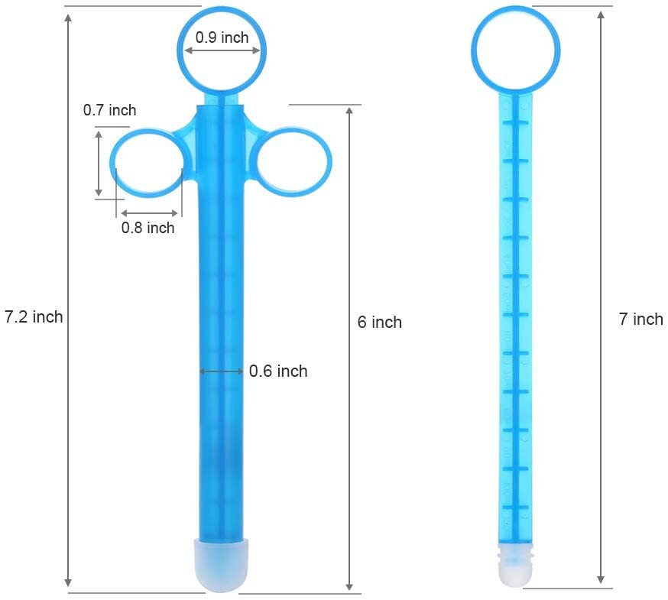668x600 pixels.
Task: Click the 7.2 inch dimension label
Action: tap(34, 316)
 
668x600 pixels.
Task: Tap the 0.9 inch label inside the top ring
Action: tap(222, 37)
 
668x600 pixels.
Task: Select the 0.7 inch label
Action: tap(109, 110)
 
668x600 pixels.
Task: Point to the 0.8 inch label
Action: tap(148, 227)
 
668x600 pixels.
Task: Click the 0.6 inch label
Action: tap(278, 371)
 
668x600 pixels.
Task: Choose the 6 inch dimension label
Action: tap(379, 322)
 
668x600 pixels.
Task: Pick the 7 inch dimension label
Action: tap(640, 319)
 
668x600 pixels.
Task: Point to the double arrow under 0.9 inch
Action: tap(222, 51)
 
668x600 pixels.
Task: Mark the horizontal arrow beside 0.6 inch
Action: tap(221, 371)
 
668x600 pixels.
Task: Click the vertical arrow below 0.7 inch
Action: tap(99, 163)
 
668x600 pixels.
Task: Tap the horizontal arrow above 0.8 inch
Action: tap(150, 213)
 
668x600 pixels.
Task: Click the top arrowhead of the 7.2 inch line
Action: tap(69, 18)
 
